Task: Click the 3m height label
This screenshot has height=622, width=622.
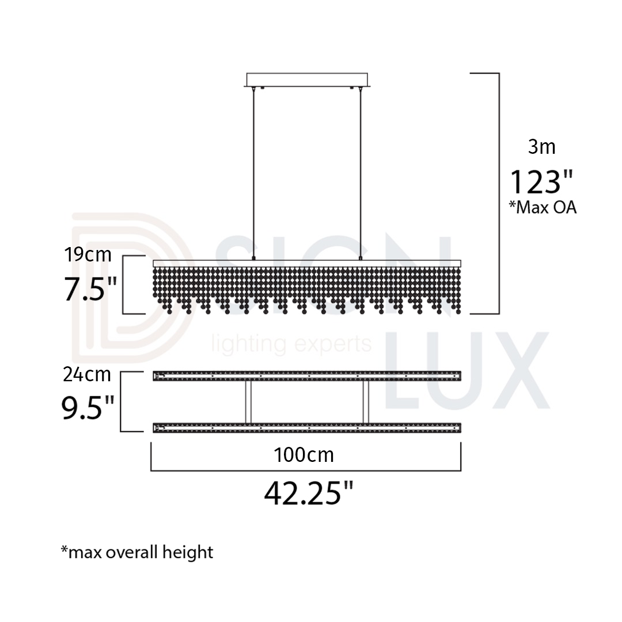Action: (541, 147)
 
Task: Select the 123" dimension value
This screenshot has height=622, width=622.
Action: (541, 181)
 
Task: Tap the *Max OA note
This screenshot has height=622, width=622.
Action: (543, 207)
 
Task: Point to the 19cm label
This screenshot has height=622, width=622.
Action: (88, 255)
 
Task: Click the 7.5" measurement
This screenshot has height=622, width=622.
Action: (90, 289)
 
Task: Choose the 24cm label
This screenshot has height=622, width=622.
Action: (87, 375)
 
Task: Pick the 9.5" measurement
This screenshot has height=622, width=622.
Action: (88, 408)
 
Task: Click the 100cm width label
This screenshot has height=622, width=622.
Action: (304, 455)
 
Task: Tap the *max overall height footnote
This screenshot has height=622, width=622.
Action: (137, 552)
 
